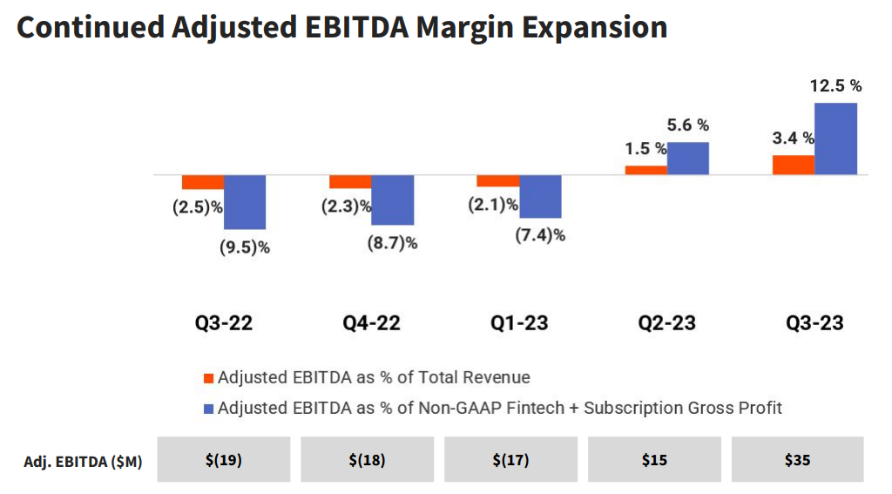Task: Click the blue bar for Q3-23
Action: (x=835, y=139)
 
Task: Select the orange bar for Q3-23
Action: (x=794, y=165)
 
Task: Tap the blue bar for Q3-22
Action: (x=245, y=202)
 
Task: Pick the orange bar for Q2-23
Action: (x=646, y=170)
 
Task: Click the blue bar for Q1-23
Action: (x=540, y=196)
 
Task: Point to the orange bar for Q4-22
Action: (x=350, y=181)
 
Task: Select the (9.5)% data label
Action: (x=245, y=247)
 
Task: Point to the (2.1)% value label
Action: (x=492, y=205)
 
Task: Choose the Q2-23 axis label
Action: (x=666, y=323)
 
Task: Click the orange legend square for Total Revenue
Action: (x=207, y=378)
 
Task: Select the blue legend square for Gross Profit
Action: (x=207, y=408)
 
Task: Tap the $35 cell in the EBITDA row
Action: (x=797, y=459)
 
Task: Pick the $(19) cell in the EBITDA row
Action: (x=224, y=459)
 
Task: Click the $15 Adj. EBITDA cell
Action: (x=654, y=459)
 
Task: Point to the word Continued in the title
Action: (x=90, y=27)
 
